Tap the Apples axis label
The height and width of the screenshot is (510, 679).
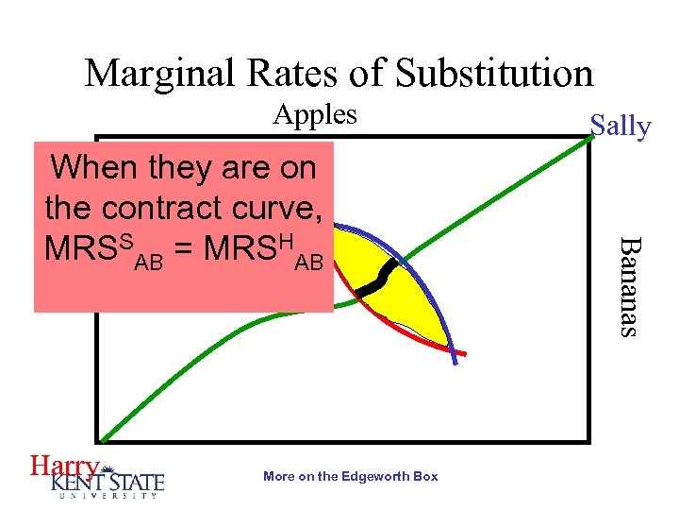(x=315, y=115)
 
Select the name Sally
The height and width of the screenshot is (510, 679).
(x=620, y=127)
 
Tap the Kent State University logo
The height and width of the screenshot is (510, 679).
(x=108, y=481)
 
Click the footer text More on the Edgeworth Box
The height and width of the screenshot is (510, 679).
(x=351, y=477)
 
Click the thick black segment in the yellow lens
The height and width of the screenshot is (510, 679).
(x=380, y=278)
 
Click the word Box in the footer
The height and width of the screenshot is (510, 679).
(x=426, y=477)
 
